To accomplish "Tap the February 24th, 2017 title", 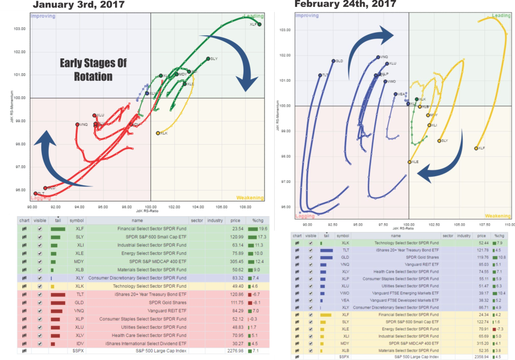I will (x=345, y=4).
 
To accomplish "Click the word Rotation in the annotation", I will (x=94, y=76).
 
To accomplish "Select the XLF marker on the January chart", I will (x=259, y=24).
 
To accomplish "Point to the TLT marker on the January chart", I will (x=35, y=193).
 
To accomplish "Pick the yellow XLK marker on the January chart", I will (x=157, y=133).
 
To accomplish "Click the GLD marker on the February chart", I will (x=333, y=61).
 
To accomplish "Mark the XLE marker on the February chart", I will (x=410, y=162).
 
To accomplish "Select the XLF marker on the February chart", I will (x=476, y=148).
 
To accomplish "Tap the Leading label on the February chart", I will (x=501, y=17).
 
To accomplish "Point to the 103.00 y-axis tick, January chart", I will (x=20, y=29).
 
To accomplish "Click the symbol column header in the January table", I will (x=77, y=220).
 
